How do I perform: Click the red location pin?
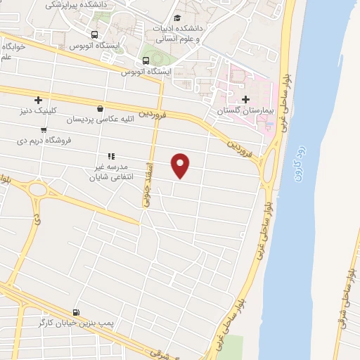181,165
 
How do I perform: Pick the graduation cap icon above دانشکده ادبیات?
177,17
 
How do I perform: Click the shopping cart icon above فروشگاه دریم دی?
44,129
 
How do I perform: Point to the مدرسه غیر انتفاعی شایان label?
110,172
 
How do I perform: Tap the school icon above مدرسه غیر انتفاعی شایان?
110,156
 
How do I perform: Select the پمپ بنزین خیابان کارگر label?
73,323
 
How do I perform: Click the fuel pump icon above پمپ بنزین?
75,312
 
